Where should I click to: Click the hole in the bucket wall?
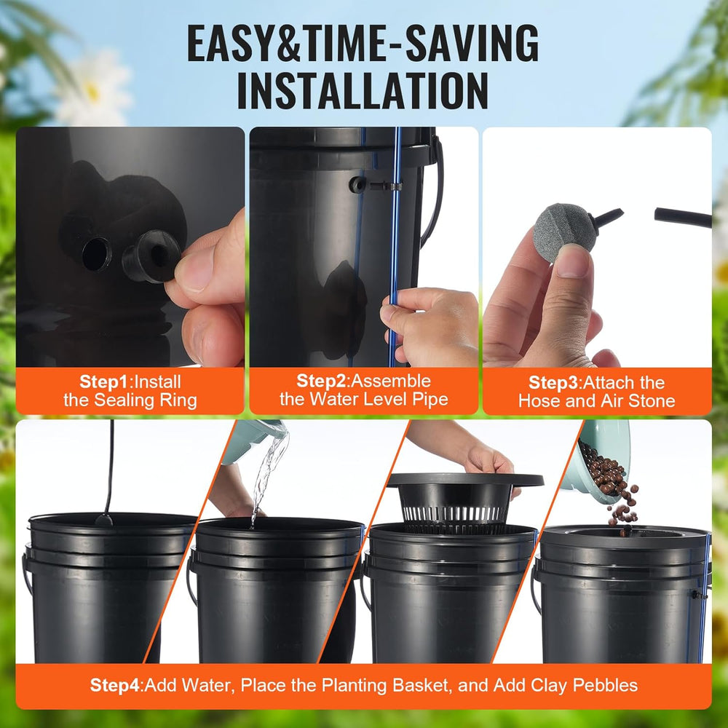(96, 253)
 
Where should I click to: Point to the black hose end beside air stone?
(681, 217)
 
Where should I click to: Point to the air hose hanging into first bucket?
(110, 466)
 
